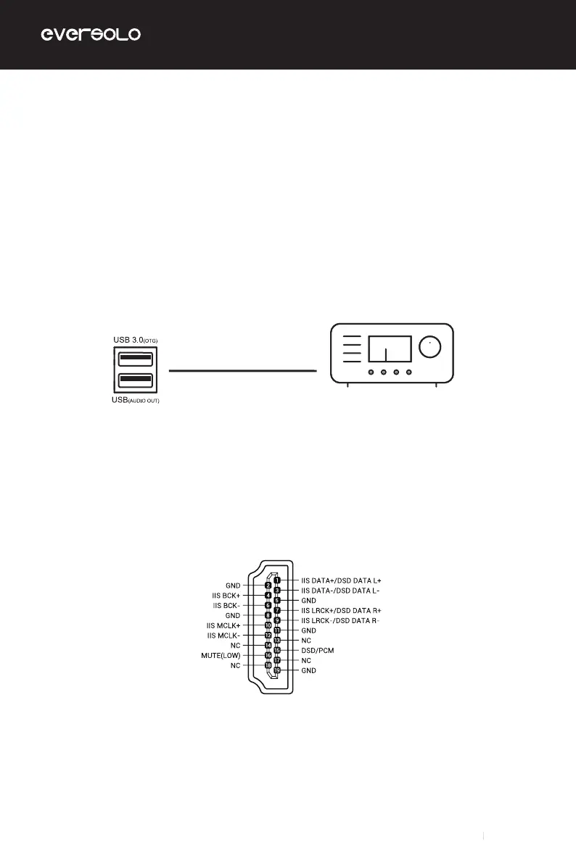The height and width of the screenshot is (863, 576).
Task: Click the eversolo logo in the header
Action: (90, 35)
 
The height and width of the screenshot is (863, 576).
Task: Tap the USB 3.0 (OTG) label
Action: (136, 338)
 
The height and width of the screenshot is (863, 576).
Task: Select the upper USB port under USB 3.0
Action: (133, 357)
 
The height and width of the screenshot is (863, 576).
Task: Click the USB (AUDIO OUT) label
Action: (136, 401)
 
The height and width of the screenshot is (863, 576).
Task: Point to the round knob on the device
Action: (430, 349)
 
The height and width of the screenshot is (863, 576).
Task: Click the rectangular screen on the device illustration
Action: (390, 349)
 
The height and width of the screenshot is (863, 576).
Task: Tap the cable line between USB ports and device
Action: (243, 370)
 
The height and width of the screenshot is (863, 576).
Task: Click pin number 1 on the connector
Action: (277, 580)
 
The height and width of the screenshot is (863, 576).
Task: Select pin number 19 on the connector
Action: (277, 671)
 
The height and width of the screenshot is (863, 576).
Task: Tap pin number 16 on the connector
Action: (268, 654)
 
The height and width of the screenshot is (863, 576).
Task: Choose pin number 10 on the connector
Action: (268, 625)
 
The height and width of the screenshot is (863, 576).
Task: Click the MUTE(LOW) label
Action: (221, 654)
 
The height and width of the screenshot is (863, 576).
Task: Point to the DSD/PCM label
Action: (318, 651)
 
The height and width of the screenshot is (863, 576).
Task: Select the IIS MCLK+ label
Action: (223, 625)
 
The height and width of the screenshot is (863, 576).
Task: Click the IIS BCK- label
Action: (226, 605)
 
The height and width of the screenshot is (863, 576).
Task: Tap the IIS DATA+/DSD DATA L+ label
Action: (340, 580)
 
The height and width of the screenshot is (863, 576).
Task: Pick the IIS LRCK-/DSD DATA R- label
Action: (340, 621)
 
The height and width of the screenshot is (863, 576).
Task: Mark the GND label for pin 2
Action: (233, 585)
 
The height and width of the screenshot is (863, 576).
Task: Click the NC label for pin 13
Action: (305, 641)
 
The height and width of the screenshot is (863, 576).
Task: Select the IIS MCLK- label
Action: (223, 635)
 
